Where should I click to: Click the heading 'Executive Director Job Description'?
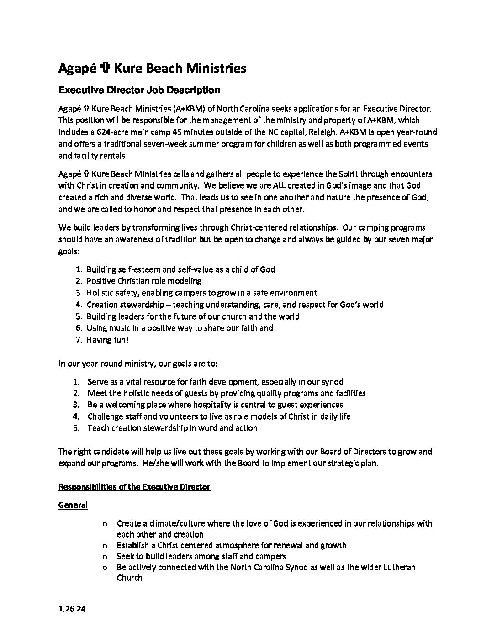[139, 90]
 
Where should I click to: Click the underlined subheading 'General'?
[73, 505]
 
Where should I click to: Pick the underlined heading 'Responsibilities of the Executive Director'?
[134, 487]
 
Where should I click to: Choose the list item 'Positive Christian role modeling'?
[144, 281]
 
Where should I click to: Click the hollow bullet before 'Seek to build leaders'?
[106, 557]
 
